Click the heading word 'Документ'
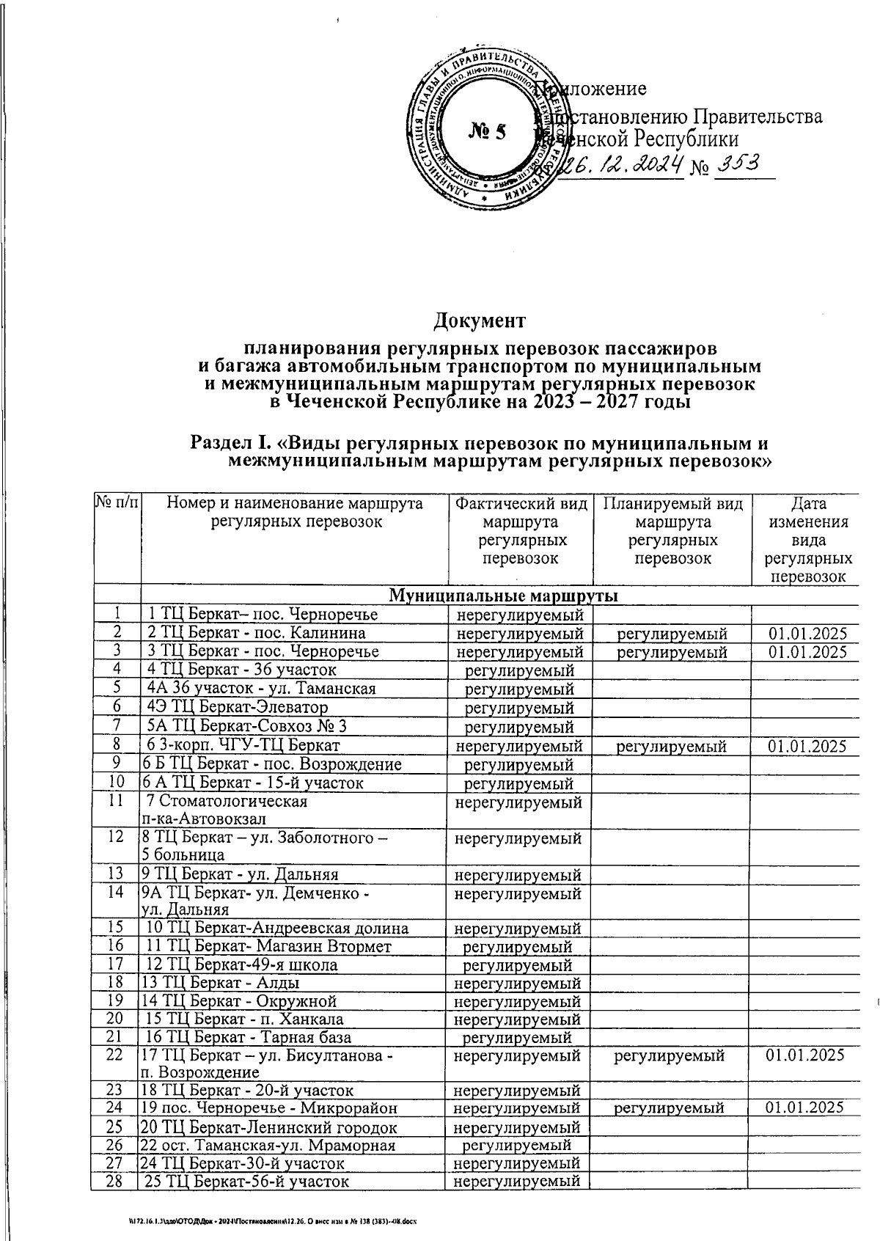480,321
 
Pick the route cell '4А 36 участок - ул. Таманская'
262,689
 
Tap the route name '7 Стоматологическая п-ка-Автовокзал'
227,810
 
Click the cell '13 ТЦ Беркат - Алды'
221,983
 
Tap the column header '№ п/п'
116,505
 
